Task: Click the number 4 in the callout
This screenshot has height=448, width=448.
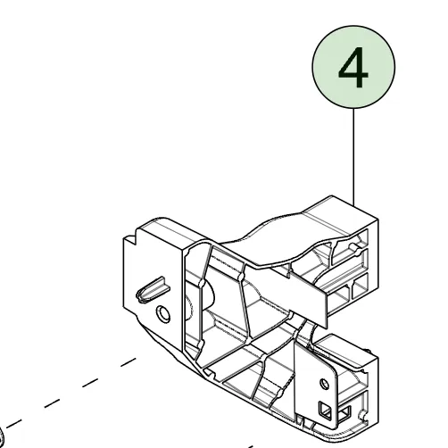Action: click(353, 68)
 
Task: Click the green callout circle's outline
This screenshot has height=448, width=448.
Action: click(312, 67)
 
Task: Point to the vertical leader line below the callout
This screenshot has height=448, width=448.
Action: click(353, 157)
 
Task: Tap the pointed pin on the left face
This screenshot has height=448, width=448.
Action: click(153, 290)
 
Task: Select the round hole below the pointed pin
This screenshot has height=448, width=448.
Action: click(163, 314)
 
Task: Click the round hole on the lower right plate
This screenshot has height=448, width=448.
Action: click(325, 384)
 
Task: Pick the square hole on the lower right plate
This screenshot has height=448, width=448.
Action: click(325, 411)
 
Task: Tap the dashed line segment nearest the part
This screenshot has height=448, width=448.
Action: click(129, 362)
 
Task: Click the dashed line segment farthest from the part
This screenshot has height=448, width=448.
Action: click(13, 424)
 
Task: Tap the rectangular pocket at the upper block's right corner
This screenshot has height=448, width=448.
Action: click(361, 290)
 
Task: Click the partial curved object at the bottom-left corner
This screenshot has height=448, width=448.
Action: click(2, 438)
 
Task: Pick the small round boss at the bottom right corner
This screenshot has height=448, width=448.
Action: click(363, 415)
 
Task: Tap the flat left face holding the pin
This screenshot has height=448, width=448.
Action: click(152, 286)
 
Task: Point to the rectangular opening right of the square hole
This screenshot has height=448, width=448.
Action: click(344, 413)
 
